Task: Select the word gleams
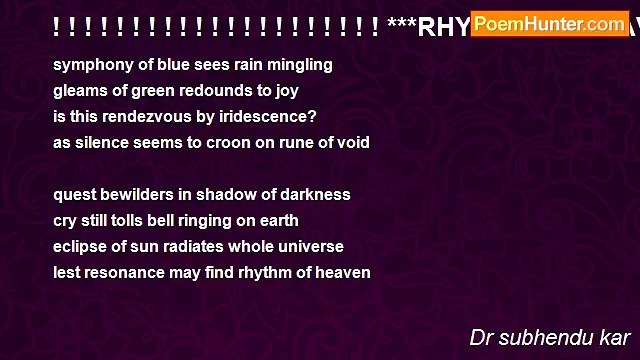80,91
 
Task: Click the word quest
75,194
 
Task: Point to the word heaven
343,272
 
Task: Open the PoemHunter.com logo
549,23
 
